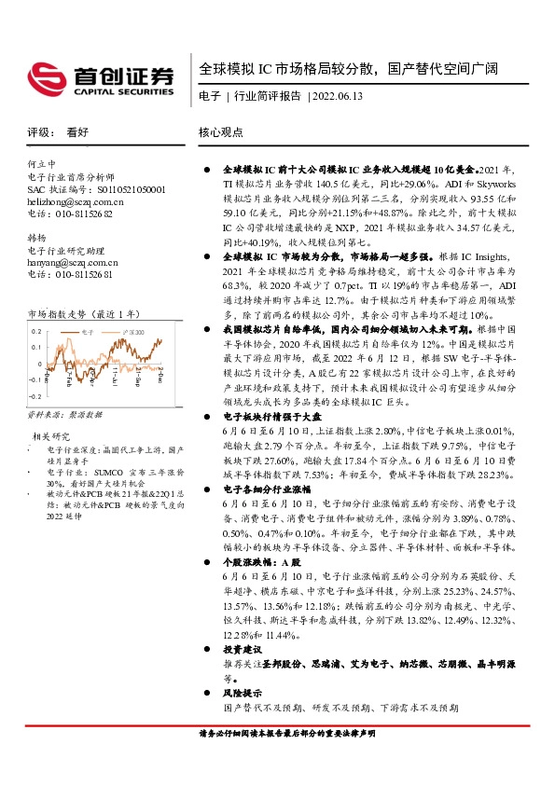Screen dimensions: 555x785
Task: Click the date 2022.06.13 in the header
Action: pos(338,96)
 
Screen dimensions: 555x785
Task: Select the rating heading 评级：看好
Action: pos(58,132)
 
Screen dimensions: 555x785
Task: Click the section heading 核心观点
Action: pos(221,132)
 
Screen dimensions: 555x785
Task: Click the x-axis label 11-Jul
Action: pos(115,376)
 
